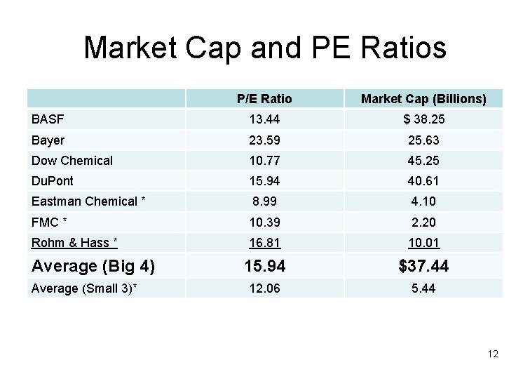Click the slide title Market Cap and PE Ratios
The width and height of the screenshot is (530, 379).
pos(265,48)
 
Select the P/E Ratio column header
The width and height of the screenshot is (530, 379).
pos(264,99)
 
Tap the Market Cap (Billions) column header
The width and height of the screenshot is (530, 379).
pos(423,99)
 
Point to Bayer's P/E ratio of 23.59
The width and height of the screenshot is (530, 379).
pos(264,140)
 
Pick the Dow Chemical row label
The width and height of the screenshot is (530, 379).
pos(72,161)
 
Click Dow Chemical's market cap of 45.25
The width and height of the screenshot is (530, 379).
pos(423,161)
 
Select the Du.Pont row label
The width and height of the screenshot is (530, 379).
pos(53,181)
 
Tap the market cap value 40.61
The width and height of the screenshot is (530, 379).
pos(423,181)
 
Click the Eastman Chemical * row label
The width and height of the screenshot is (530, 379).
pos(88,201)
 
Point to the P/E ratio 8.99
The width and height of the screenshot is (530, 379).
pos(264,201)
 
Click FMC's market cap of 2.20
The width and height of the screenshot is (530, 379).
pos(423,222)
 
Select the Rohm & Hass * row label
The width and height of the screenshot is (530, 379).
pos(74,243)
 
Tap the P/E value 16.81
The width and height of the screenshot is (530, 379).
pos(264,243)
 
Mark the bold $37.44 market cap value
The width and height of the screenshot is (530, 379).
pos(423,266)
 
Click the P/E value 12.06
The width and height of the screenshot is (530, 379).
pos(264,288)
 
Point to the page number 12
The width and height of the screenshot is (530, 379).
pos(493,354)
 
